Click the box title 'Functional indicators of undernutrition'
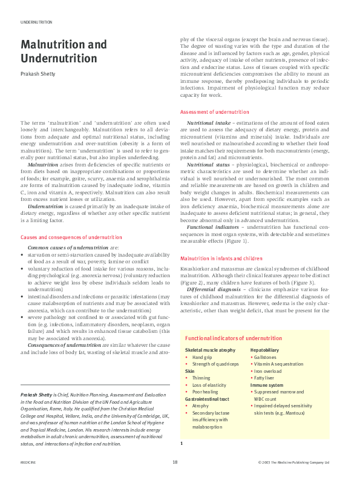click(x=233, y=338)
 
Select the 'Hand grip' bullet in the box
click(x=202, y=358)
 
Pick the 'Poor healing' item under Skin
click(x=205, y=392)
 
